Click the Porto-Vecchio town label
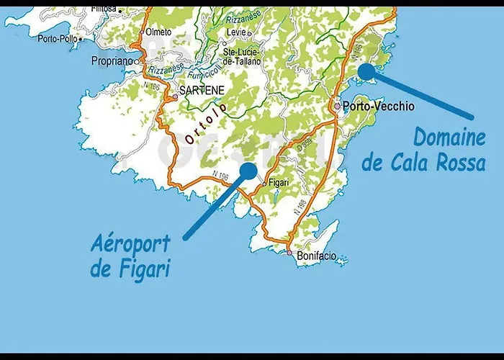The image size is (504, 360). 379,106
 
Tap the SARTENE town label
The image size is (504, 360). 202,91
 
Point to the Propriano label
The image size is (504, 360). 112,62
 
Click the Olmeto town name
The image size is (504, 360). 158,32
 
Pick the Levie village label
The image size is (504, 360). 235,33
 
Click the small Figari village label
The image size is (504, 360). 279,183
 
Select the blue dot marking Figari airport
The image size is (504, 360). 248,171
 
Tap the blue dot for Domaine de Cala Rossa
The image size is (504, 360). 366,71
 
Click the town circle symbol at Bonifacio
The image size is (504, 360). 289,253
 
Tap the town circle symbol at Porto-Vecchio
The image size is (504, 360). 337,106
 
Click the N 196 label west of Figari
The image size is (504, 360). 222,175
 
